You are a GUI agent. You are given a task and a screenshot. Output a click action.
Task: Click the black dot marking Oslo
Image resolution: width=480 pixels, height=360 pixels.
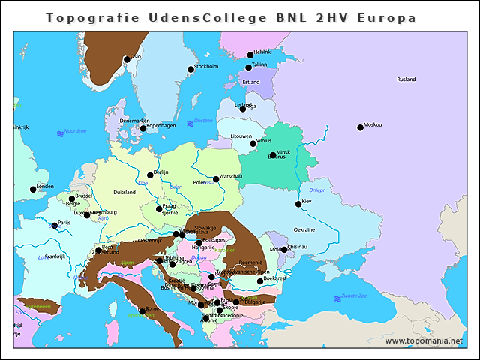pyautogui.click(x=127, y=59)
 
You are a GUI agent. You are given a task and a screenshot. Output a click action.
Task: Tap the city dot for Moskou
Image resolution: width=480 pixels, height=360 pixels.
pyautogui.click(x=360, y=127)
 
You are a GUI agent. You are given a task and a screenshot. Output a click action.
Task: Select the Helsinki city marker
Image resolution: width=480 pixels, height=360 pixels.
pyautogui.click(x=250, y=55)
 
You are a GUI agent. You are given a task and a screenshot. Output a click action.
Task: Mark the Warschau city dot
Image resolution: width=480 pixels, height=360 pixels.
pyautogui.click(x=216, y=179)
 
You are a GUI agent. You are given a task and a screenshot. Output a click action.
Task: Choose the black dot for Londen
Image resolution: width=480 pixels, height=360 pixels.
pyautogui.click(x=33, y=189)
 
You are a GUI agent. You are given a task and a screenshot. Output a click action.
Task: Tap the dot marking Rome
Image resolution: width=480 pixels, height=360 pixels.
pyautogui.click(x=142, y=310)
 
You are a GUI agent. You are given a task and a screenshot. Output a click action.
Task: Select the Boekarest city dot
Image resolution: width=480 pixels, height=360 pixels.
pyautogui.click(x=260, y=280)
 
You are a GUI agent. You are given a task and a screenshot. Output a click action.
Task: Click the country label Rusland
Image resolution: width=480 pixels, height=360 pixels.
pyautogui.click(x=406, y=79)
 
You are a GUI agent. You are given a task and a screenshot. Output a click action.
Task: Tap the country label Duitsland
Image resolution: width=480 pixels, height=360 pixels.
pyautogui.click(x=124, y=192)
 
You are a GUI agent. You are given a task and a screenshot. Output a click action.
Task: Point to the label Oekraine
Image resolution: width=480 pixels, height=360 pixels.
pyautogui.click(x=304, y=229)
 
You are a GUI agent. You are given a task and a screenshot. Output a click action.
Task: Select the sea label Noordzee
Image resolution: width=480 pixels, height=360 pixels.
pyautogui.click(x=75, y=131)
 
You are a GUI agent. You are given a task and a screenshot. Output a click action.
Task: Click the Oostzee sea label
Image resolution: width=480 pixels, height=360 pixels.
pyautogui.click(x=203, y=120)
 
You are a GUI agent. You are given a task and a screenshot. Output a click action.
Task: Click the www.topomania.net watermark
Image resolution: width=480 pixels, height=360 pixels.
pyautogui.click(x=424, y=341)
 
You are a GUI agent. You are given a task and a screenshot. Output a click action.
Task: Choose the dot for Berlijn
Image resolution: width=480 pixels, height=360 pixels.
pyautogui.click(x=150, y=175)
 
